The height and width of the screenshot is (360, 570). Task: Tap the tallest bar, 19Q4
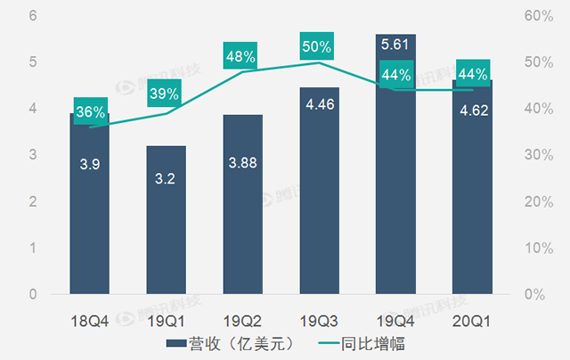point(396,178)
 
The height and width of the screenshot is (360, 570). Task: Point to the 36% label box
point(90,112)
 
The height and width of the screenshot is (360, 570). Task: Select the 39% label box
point(167,94)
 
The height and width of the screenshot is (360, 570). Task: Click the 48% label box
point(243,56)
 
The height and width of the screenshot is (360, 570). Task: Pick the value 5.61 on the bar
point(396,44)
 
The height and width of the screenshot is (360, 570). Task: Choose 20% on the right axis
point(537,201)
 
